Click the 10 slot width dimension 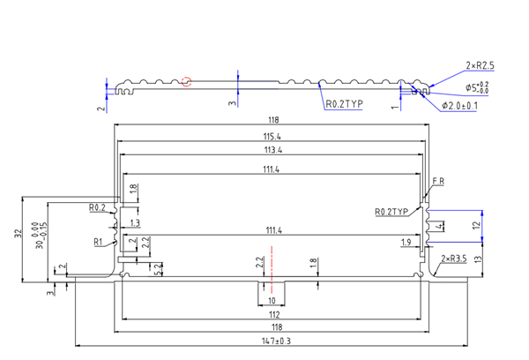[x=271, y=301]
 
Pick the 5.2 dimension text [x=158, y=266]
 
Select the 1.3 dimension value [x=134, y=223]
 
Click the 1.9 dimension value [x=406, y=242]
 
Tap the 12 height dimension [x=477, y=225]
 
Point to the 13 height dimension [x=477, y=259]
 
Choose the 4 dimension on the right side [x=439, y=226]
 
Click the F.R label [x=438, y=183]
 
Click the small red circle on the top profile [x=186, y=82]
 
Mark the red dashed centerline [x=272, y=274]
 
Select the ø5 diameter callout [x=476, y=88]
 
